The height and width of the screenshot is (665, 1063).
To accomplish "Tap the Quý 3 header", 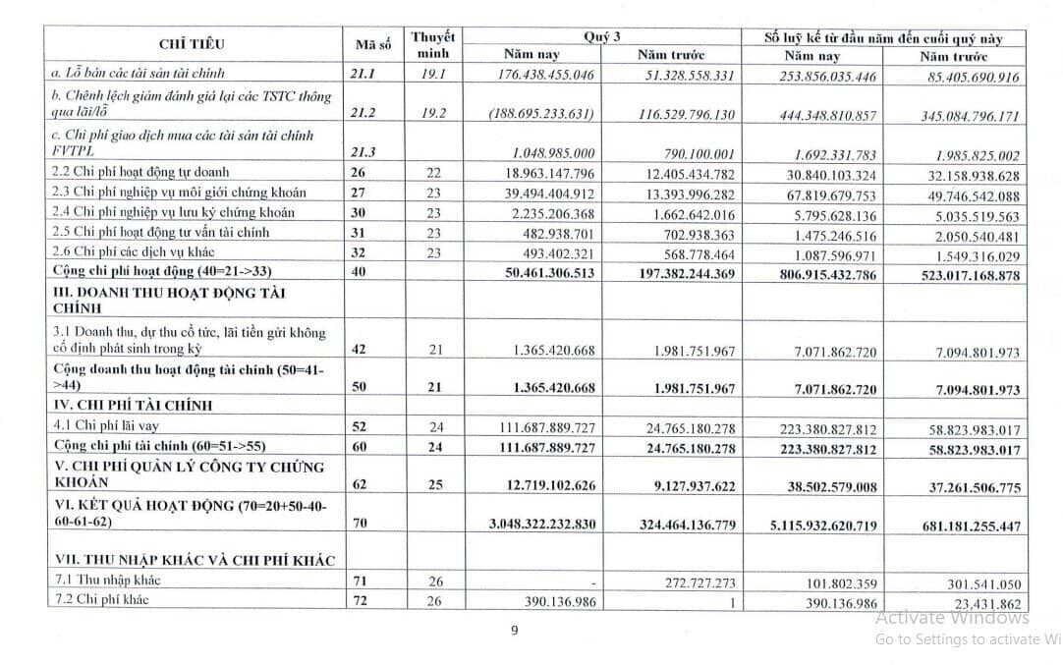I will [602, 36].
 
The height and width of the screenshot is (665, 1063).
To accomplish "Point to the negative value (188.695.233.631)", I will [542, 114].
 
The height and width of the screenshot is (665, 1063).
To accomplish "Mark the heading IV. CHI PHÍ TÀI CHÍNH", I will [133, 405].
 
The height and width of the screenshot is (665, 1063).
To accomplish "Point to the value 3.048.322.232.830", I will [542, 525].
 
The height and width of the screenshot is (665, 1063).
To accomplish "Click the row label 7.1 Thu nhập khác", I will [107, 581].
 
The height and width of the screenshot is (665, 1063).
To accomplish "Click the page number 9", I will [515, 631].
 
